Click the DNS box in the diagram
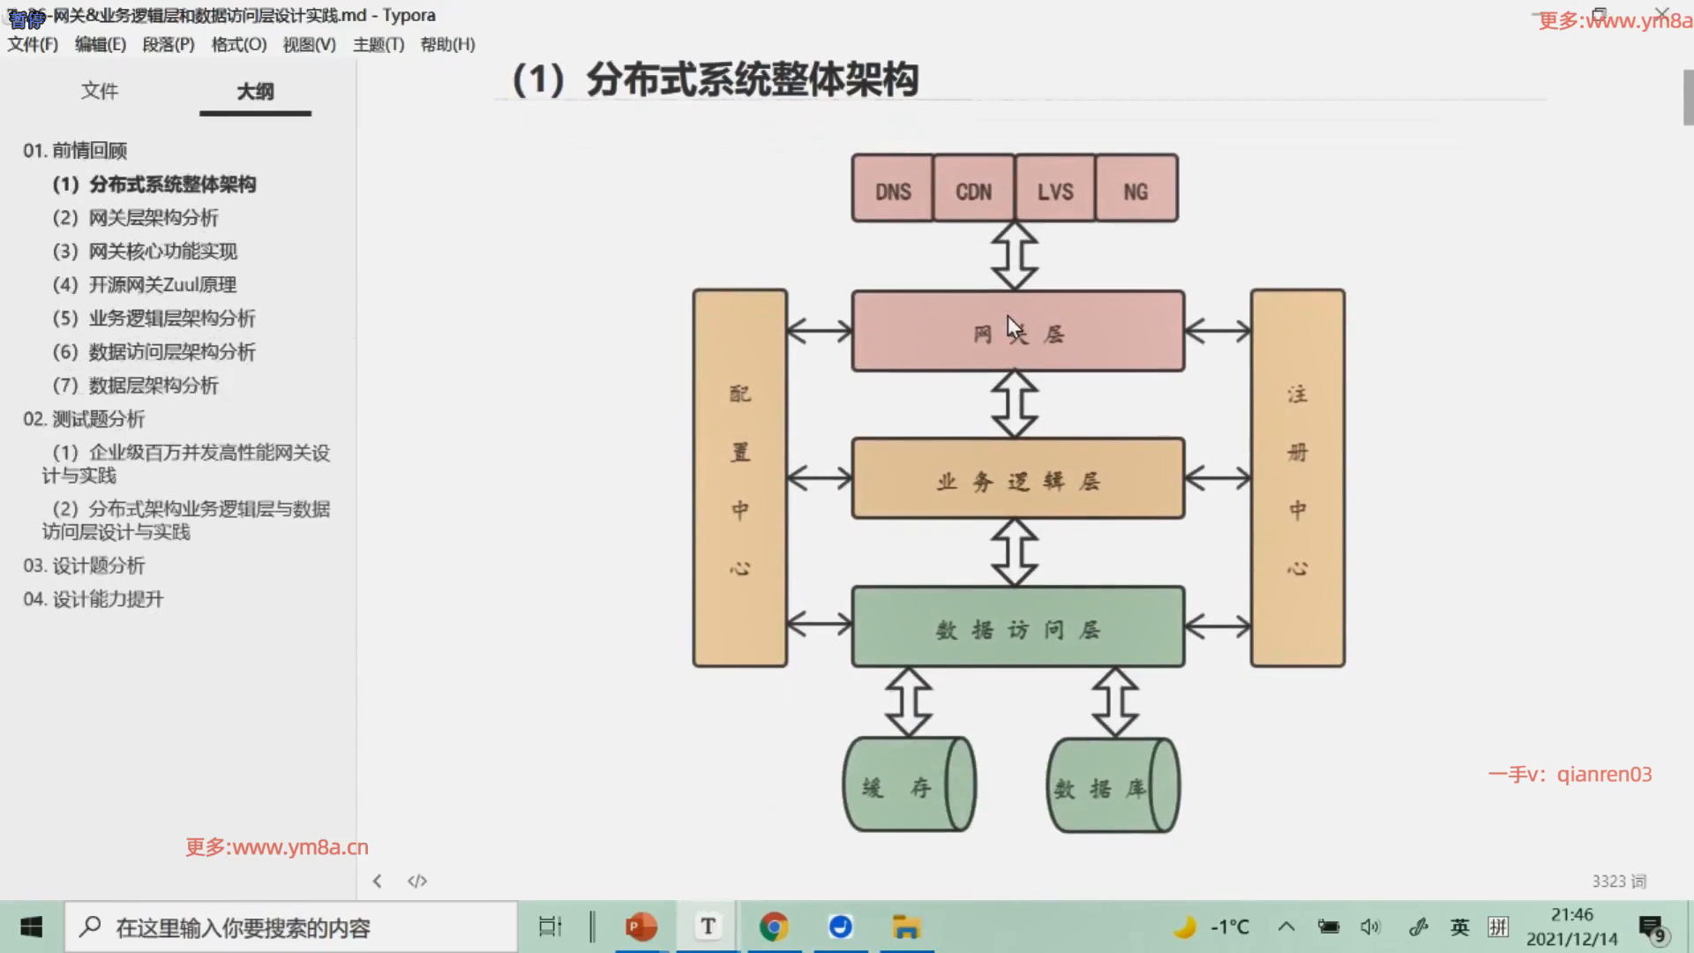click(892, 189)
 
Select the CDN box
click(973, 189)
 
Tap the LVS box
click(1055, 189)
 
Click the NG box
click(1136, 189)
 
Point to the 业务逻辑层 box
click(1017, 479)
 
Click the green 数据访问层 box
click(1017, 627)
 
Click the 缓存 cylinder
click(909, 785)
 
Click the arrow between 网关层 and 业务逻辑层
click(1015, 404)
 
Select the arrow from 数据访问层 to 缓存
click(909, 702)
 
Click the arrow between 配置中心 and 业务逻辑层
click(819, 478)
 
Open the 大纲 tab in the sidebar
click(255, 91)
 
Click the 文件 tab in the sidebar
click(99, 91)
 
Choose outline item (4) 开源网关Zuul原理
click(145, 285)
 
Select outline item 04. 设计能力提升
click(94, 599)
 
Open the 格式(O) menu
click(238, 44)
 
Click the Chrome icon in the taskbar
click(774, 927)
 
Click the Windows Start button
click(32, 927)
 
